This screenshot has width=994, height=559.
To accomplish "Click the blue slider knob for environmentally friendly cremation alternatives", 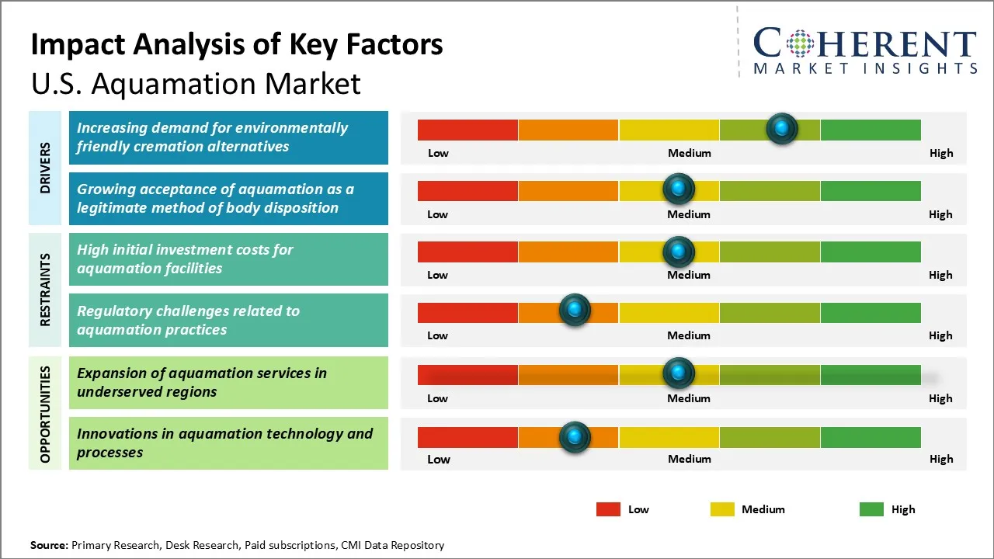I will tap(782, 128).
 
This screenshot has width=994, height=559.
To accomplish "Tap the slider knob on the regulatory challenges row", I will tap(575, 311).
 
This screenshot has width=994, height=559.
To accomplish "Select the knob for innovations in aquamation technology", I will tap(575, 437).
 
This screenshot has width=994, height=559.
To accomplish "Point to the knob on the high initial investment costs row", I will tap(679, 251).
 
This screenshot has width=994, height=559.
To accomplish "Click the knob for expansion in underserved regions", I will tap(679, 373).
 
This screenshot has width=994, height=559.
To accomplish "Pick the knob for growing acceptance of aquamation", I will tap(679, 189).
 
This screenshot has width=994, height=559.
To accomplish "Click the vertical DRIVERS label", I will tap(45, 168).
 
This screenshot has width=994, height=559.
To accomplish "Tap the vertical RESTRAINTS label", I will tap(45, 290).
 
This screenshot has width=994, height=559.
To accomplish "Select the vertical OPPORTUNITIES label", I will tap(45, 414).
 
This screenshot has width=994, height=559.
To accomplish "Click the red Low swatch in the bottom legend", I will tap(608, 509).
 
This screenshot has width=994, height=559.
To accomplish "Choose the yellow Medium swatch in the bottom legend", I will tap(722, 509).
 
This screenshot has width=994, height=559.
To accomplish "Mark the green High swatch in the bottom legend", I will tap(871, 509).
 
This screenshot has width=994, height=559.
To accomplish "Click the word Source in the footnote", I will tap(49, 545).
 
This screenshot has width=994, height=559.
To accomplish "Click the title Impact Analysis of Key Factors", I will tap(237, 44).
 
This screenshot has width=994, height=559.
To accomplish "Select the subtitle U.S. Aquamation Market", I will tap(196, 83).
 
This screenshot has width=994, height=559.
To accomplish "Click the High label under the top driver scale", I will tap(941, 153).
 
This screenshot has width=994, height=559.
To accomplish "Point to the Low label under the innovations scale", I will tap(439, 459).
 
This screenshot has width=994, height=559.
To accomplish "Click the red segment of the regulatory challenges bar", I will tap(467, 312).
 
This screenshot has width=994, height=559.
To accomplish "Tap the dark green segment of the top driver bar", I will tap(870, 130).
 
